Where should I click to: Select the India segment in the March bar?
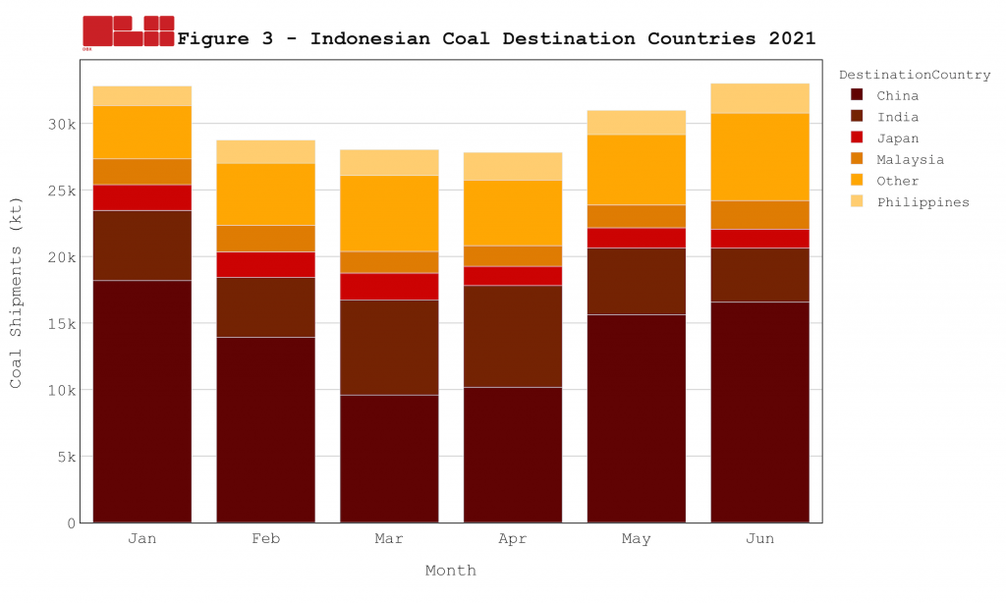(x=389, y=348)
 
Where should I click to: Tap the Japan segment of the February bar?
(x=266, y=264)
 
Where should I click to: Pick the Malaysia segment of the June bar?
(x=759, y=214)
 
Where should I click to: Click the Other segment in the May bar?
(x=637, y=169)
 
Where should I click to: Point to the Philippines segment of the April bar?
(x=513, y=166)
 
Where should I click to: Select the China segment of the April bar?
(x=513, y=454)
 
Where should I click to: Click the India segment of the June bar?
(x=759, y=274)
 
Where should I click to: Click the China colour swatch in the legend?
(x=857, y=95)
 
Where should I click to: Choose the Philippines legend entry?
(x=922, y=202)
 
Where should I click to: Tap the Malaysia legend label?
(x=910, y=159)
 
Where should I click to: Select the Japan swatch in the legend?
(x=857, y=138)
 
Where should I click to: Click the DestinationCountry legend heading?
(x=914, y=75)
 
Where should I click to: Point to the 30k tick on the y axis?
(x=63, y=124)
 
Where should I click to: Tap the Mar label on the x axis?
(x=389, y=539)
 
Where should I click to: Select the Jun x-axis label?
(x=759, y=539)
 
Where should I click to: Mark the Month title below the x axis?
(x=451, y=571)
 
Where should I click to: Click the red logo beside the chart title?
(x=129, y=31)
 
